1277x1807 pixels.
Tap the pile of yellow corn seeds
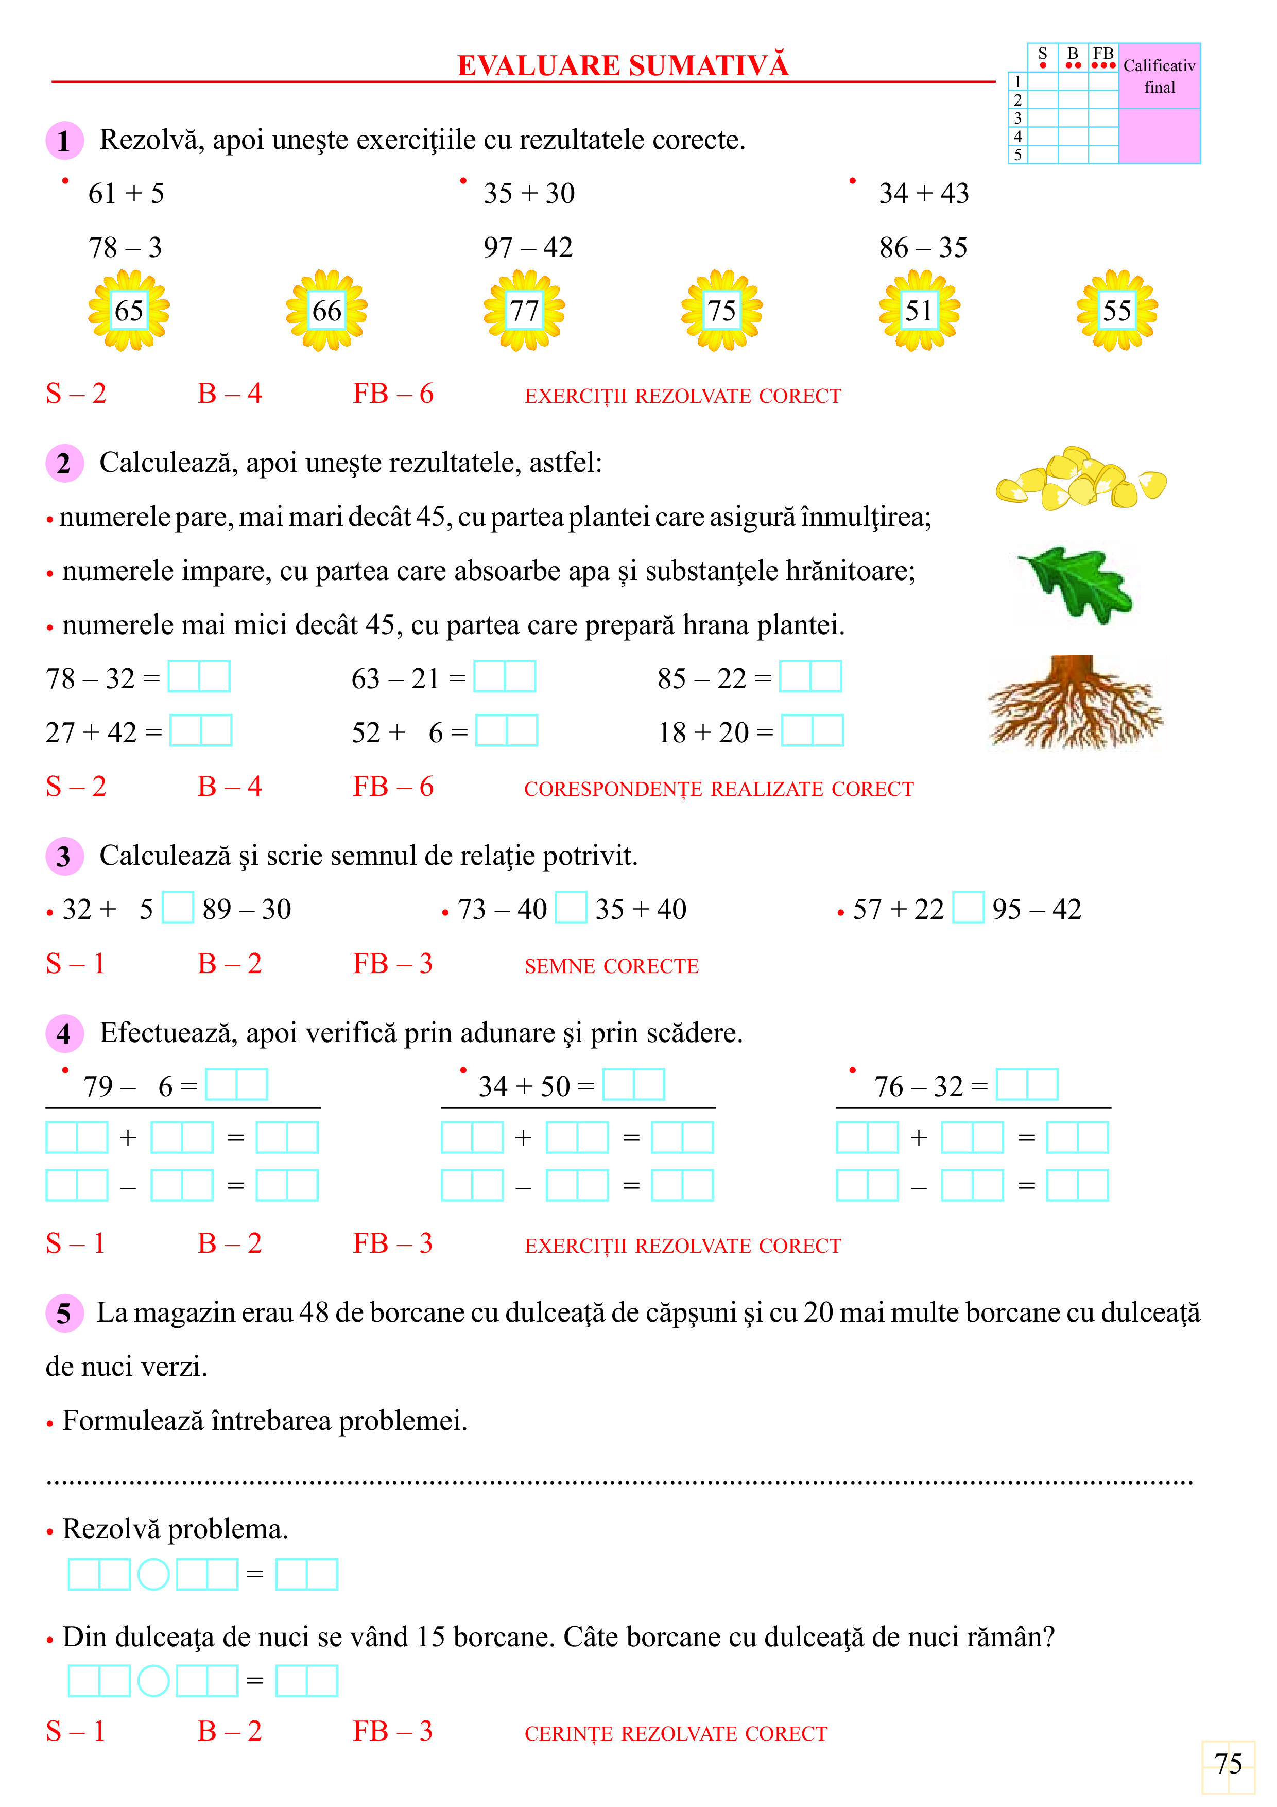(x=1080, y=479)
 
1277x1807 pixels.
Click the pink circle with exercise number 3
(x=64, y=856)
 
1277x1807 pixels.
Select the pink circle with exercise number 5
(x=64, y=1312)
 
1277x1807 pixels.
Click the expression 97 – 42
(x=528, y=247)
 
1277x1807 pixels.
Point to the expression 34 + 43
(x=924, y=193)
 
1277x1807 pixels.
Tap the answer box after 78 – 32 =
(x=199, y=677)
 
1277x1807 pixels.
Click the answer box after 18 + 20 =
(x=812, y=731)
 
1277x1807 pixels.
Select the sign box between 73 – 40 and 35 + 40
(x=571, y=908)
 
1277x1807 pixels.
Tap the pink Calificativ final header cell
(x=1159, y=76)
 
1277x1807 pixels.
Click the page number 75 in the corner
(x=1228, y=1764)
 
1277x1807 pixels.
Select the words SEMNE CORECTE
(x=611, y=966)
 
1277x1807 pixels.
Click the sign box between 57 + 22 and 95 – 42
(x=968, y=908)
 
